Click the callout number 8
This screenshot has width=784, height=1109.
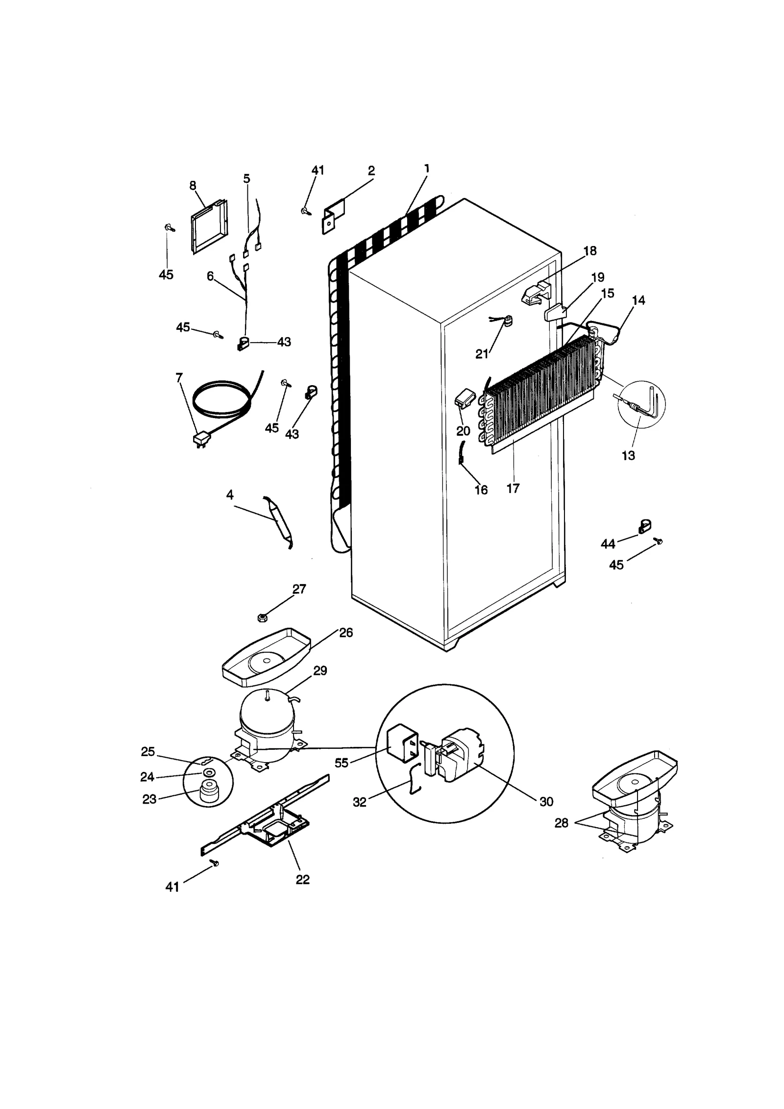pos(193,185)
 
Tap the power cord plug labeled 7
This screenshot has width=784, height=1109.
pos(200,440)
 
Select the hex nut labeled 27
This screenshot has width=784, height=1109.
pos(262,617)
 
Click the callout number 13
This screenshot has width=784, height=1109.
pos(628,455)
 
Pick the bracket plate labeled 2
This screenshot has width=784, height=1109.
pos(333,217)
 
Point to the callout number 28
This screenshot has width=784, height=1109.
pos(561,823)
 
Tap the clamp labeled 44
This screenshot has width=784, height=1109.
pos(644,527)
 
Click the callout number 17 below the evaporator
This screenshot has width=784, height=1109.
pos(513,488)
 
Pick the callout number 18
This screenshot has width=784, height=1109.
pos(590,251)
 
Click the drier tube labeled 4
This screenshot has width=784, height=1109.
pos(278,522)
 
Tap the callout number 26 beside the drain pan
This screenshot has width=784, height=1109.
pos(346,633)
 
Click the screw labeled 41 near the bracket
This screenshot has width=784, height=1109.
pos(306,211)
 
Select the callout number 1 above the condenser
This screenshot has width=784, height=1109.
pos(426,169)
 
